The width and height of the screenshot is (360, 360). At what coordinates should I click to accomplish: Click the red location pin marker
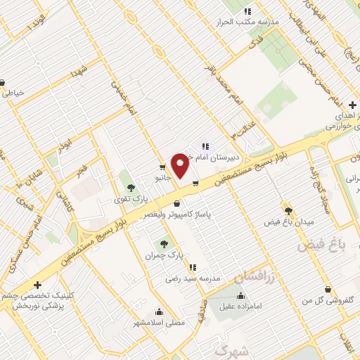[x=180, y=166]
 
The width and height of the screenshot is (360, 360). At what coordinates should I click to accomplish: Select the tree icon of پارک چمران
[x=164, y=243]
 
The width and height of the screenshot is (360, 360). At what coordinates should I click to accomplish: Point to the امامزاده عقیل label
[x=242, y=306]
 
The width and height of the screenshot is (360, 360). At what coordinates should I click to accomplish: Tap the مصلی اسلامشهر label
[x=159, y=323]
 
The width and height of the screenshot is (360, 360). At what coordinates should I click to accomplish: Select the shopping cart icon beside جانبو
[x=162, y=167]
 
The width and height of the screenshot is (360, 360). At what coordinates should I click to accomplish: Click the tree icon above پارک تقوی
[x=130, y=187]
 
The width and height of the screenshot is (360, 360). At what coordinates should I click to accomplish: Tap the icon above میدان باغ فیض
[x=288, y=210]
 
